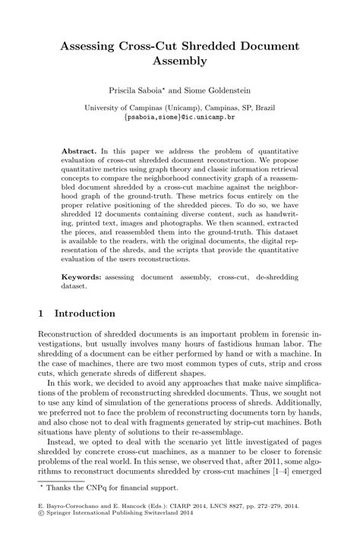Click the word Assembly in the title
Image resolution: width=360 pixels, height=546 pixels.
coord(180,62)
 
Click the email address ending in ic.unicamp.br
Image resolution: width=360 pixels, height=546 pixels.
coord(179,118)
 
